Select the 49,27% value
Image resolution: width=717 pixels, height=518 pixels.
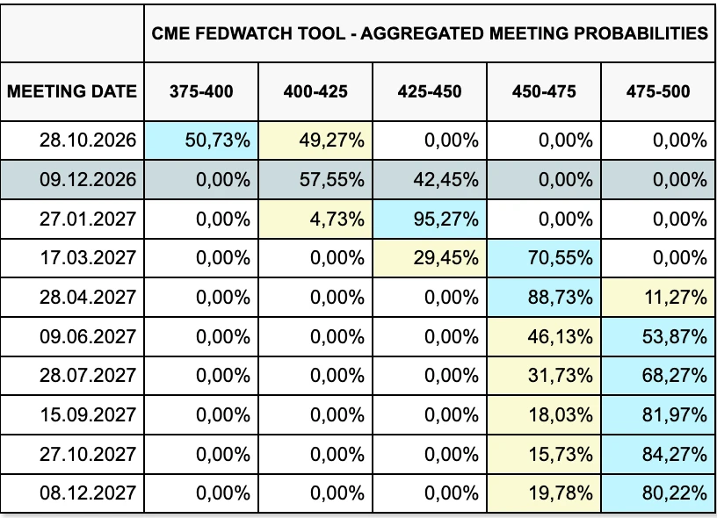(332, 140)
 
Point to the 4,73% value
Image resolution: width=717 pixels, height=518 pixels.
(337, 219)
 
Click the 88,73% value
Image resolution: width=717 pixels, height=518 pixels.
(561, 298)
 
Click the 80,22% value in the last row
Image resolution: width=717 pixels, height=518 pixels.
(675, 493)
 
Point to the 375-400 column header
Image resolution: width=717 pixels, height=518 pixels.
(201, 91)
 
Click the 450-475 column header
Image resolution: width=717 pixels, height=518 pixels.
(544, 91)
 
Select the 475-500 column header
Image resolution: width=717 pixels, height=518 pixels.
(658, 91)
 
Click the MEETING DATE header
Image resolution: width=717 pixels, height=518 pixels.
(72, 91)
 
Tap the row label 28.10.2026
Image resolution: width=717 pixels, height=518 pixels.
(88, 140)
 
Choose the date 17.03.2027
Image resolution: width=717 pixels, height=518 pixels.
(88, 258)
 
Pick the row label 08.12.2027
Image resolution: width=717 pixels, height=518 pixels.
(88, 493)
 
